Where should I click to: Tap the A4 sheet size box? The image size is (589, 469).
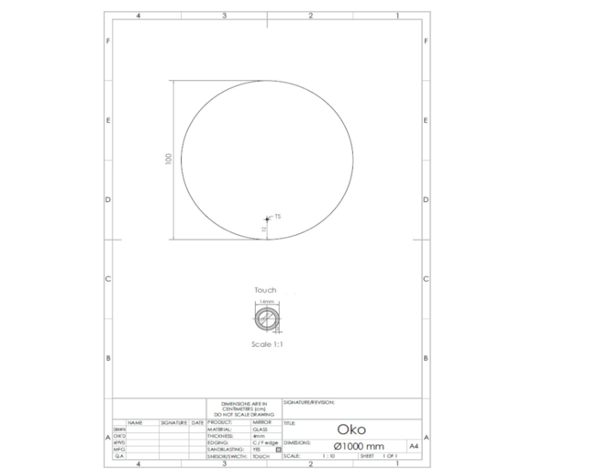click(x=413, y=445)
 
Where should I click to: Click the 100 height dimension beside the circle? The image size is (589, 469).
click(x=168, y=159)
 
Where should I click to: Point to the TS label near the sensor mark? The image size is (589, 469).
click(x=276, y=217)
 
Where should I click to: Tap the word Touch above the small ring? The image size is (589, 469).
click(x=265, y=290)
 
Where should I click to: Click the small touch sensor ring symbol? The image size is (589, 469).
click(x=266, y=318)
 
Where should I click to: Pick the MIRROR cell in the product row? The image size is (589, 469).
click(x=261, y=422)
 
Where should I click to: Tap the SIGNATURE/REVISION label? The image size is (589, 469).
click(x=309, y=402)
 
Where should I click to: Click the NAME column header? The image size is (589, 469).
click(x=135, y=422)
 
